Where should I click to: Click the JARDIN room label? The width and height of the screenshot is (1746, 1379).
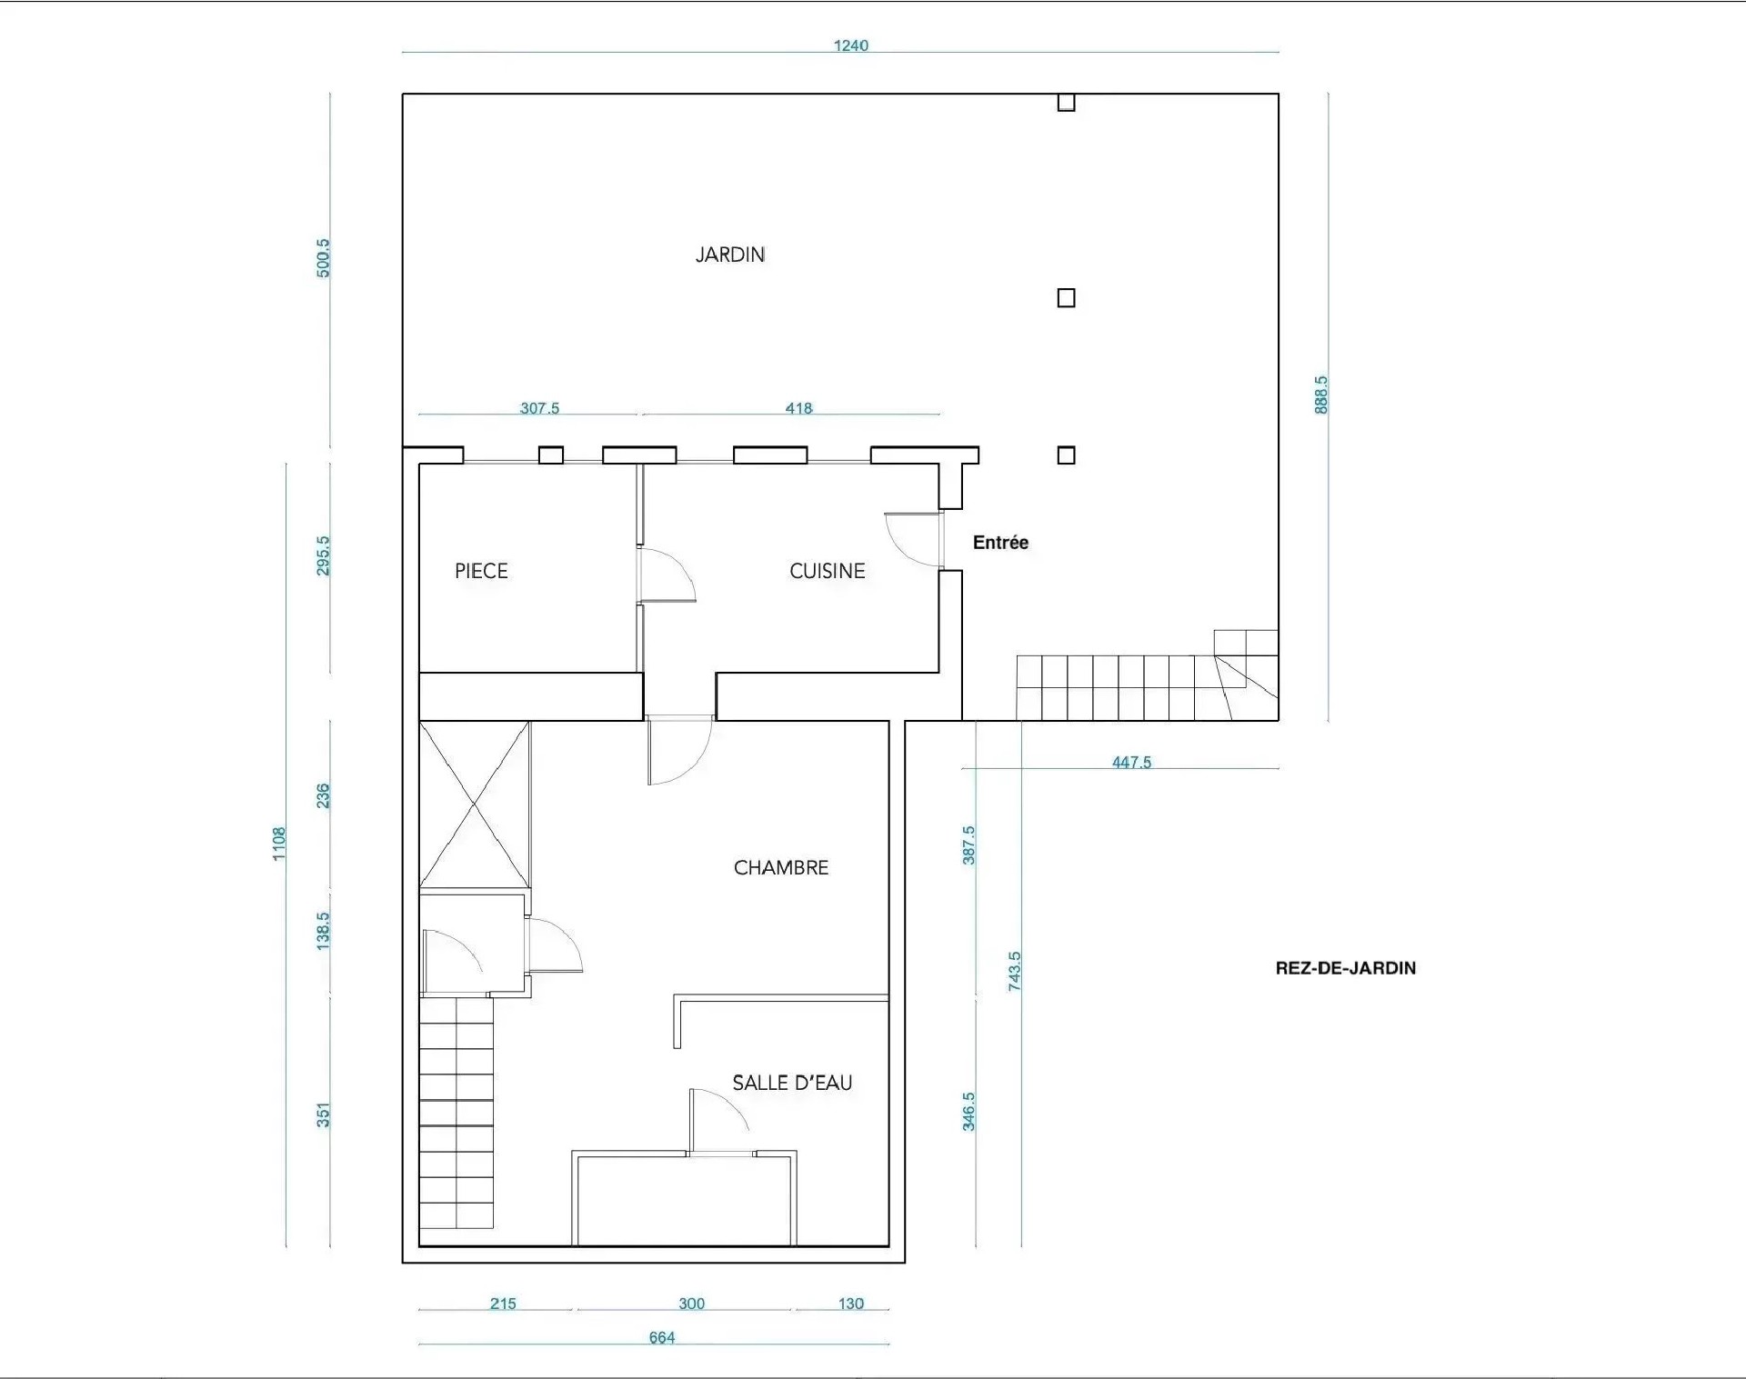(x=729, y=255)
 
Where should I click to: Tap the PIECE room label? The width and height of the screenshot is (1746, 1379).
(x=481, y=571)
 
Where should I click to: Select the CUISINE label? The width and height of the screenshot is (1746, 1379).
(x=827, y=571)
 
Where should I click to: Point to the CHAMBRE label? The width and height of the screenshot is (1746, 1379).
(x=781, y=868)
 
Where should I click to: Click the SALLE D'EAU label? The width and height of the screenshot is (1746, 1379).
(x=792, y=1083)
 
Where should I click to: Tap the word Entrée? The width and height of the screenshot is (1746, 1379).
(x=1000, y=543)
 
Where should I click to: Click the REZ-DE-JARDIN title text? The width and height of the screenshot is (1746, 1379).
(x=1346, y=968)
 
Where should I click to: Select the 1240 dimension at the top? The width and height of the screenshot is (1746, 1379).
(x=851, y=45)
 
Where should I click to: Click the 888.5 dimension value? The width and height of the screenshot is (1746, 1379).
(x=1321, y=395)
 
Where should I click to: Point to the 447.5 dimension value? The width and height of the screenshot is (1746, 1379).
(x=1131, y=762)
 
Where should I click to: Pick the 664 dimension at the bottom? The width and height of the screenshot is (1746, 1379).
(x=662, y=1337)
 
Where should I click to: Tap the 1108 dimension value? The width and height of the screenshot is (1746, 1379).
(x=279, y=844)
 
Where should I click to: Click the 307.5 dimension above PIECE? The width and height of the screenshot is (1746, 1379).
(x=539, y=408)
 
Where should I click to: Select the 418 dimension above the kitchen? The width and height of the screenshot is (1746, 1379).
(x=798, y=408)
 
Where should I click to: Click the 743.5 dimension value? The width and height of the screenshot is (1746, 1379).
(x=1015, y=971)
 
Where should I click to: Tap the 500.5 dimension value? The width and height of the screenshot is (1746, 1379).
(x=323, y=258)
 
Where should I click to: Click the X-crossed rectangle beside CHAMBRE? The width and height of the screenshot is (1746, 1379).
(x=475, y=804)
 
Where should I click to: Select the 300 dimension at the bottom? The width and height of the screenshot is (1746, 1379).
(x=691, y=1304)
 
